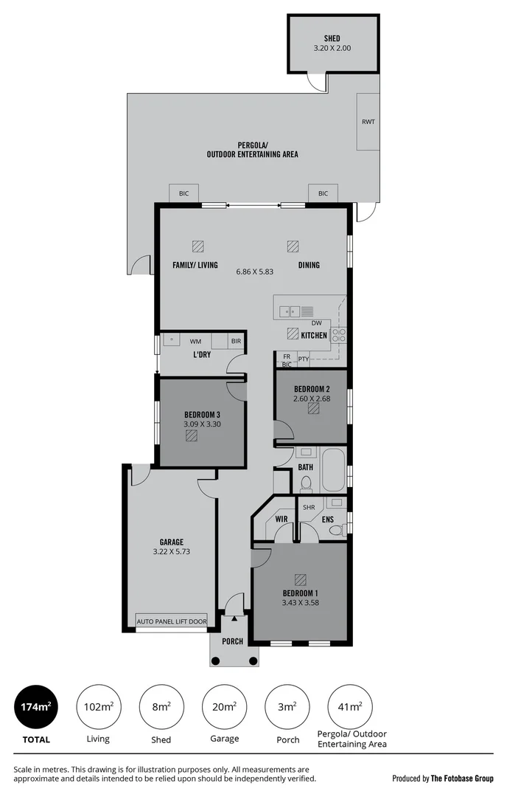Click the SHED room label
(x=332, y=38)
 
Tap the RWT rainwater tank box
(x=368, y=122)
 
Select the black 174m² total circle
(x=36, y=708)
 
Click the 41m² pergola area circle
(x=350, y=708)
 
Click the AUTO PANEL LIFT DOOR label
(x=172, y=621)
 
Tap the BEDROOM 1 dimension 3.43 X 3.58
(x=300, y=603)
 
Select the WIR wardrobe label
(x=281, y=520)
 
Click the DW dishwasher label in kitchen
(x=316, y=323)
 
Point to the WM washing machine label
(x=195, y=342)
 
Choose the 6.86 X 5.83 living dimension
(x=254, y=272)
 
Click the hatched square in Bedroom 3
(x=192, y=436)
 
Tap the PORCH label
(x=233, y=641)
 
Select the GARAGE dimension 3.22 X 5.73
(x=171, y=551)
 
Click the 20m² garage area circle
(x=224, y=708)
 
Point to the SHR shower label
(x=309, y=508)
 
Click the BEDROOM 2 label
(x=311, y=389)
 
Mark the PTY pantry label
(x=303, y=359)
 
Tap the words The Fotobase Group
(x=463, y=779)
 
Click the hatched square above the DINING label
(x=293, y=246)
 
